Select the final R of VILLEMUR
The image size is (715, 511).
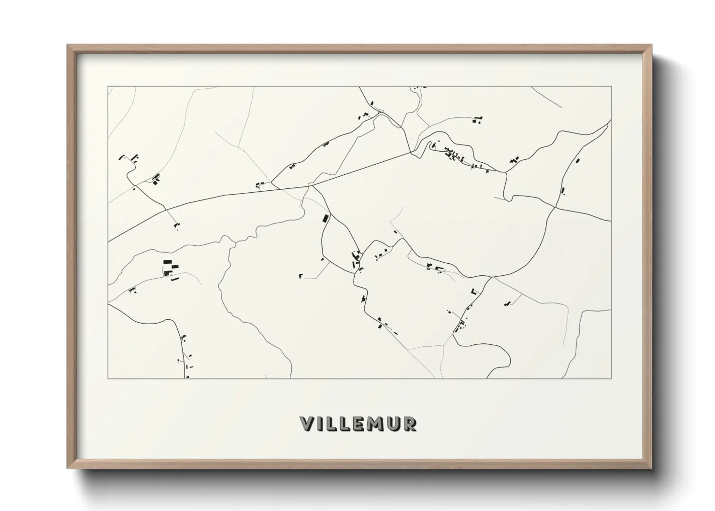click(410, 424)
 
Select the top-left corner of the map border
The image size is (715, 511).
click(108, 87)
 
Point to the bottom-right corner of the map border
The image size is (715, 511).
click(611, 378)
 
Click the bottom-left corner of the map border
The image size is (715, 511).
click(108, 378)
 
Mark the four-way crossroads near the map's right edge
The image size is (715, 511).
click(556, 208)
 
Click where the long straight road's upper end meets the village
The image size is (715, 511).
click(411, 153)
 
